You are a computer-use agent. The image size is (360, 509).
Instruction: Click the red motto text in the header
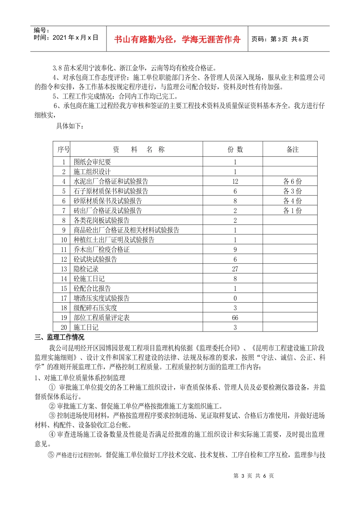tap(177, 39)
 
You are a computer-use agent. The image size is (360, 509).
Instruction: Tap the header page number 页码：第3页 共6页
tap(280, 39)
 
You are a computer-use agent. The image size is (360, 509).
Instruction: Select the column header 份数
tap(235, 150)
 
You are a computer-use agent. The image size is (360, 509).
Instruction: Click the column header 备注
tap(293, 150)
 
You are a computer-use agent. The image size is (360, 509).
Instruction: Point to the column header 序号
tap(63, 150)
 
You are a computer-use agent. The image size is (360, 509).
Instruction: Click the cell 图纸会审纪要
tap(92, 162)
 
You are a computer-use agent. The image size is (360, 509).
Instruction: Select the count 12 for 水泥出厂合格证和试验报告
tap(235, 181)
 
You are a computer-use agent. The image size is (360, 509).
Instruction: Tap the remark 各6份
tap(293, 181)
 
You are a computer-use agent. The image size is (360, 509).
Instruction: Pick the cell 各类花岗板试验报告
tap(102, 220)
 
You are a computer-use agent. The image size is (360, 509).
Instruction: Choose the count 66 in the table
tap(235, 318)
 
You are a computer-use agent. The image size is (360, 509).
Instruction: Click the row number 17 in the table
tap(64, 298)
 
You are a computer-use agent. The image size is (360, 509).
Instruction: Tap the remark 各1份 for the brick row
tap(293, 211)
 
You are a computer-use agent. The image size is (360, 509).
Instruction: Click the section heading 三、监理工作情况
tap(59, 337)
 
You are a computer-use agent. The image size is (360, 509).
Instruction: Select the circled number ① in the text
tap(52, 387)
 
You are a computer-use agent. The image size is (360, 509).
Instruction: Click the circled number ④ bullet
tap(52, 434)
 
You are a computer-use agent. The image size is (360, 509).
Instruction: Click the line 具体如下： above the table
tap(70, 126)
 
